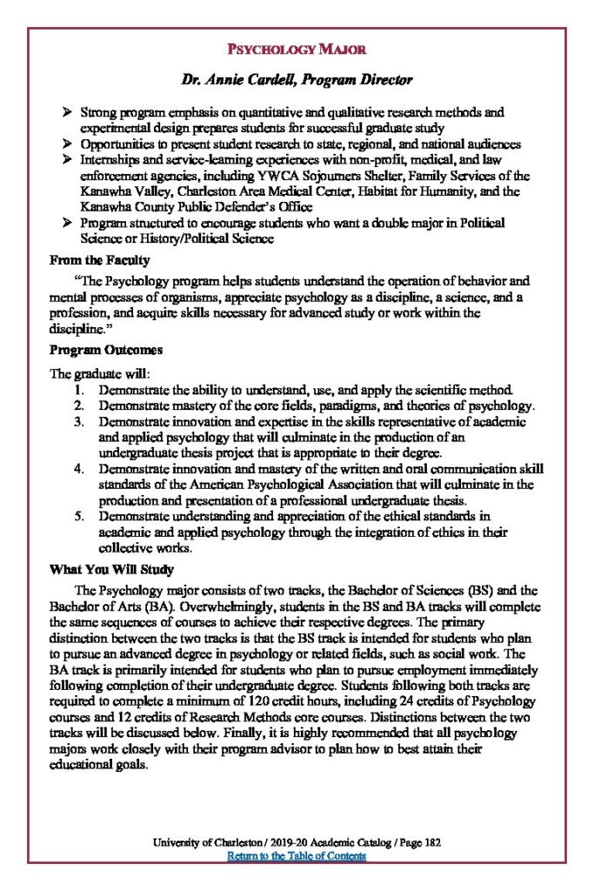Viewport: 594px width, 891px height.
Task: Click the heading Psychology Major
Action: [x=297, y=49]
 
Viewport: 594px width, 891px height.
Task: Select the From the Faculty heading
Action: [x=100, y=259]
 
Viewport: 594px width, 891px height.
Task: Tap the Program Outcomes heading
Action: [x=106, y=351]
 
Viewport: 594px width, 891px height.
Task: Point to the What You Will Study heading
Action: [x=112, y=570]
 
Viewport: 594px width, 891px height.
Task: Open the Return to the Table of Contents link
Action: [x=297, y=856]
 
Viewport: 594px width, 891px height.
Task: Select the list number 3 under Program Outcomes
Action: [x=78, y=422]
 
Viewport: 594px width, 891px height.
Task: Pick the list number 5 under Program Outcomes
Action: [x=78, y=516]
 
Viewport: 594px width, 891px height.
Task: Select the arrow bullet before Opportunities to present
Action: [x=69, y=144]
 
